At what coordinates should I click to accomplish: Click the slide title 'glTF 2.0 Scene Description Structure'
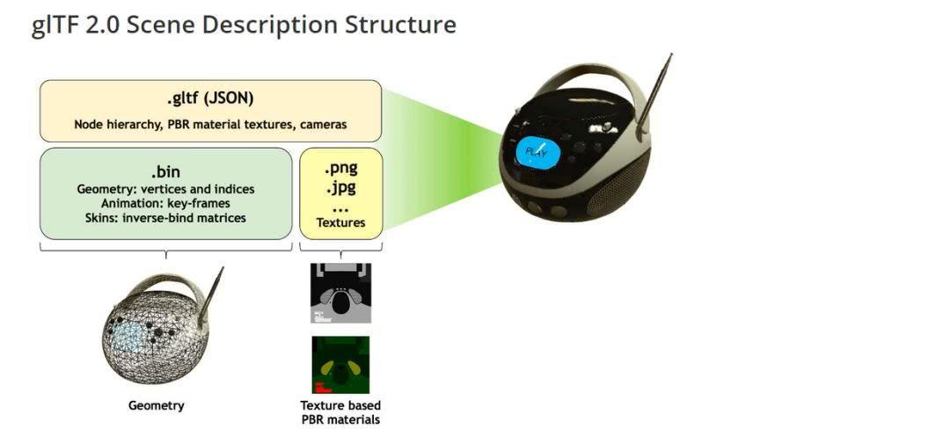point(243,25)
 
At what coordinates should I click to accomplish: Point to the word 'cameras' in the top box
point(326,124)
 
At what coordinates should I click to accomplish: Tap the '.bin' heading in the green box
point(165,171)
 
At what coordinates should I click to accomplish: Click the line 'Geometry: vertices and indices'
point(165,189)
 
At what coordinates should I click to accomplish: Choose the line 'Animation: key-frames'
point(165,203)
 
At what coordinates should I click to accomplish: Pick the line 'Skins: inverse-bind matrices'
point(165,217)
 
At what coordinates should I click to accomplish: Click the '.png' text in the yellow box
point(341,169)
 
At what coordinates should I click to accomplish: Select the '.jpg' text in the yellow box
point(341,188)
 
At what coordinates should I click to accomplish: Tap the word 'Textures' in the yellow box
point(341,222)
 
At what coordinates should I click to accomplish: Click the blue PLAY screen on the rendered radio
point(537,153)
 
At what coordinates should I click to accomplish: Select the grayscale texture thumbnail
point(340,293)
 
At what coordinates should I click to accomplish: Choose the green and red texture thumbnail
point(340,365)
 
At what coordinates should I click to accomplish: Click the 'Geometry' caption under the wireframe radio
point(157,405)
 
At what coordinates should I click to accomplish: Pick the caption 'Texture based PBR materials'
point(340,411)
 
